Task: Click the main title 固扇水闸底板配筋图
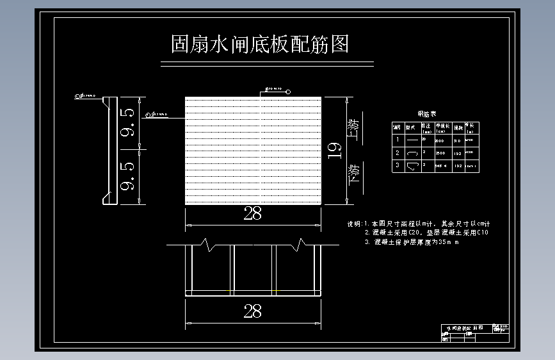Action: point(259,45)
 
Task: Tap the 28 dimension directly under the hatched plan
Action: point(253,214)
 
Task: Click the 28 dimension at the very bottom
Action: point(253,311)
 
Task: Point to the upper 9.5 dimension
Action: point(127,122)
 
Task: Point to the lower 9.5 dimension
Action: point(127,177)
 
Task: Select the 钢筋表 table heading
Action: point(427,113)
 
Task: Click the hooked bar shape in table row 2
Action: point(412,153)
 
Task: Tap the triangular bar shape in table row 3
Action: point(412,166)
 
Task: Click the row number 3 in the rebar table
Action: point(398,166)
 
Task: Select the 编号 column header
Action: point(398,127)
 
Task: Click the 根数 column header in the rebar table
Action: point(457,127)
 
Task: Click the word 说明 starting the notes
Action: point(354,224)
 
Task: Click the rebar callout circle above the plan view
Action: point(288,92)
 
